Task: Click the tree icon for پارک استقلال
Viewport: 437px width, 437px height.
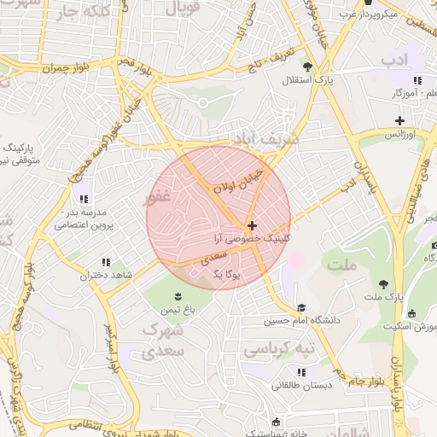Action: (307, 67)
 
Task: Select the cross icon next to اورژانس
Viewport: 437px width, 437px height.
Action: (399, 120)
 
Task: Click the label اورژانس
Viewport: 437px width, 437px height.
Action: (399, 135)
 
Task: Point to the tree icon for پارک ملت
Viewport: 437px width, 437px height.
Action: (383, 283)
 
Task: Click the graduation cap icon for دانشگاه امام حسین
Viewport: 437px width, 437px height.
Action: (300, 308)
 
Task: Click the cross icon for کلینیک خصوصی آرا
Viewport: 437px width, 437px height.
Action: (251, 225)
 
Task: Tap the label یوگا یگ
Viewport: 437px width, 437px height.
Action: (228, 274)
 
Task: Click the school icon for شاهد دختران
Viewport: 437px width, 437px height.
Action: (106, 262)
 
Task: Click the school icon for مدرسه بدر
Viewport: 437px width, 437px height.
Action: (82, 199)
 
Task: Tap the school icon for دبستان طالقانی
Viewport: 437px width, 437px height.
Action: (300, 371)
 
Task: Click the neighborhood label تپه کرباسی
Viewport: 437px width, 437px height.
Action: (278, 350)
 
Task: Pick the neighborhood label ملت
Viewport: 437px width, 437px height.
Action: (342, 265)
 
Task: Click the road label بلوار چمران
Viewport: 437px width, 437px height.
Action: (65, 67)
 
